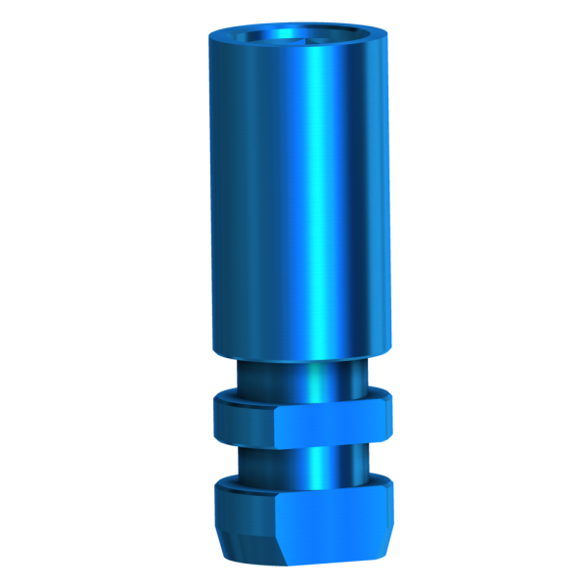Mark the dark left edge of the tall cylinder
(x=212, y=196)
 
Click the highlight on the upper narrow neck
(x=321, y=377)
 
